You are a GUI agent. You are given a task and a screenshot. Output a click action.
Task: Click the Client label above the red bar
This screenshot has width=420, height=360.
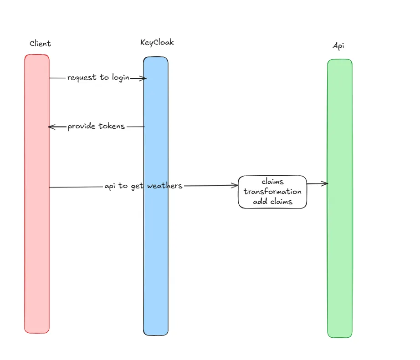point(40,44)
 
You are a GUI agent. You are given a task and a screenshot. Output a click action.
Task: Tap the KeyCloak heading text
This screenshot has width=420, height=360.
point(157,42)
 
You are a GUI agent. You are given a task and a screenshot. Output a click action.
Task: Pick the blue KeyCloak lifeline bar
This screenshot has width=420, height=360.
point(156,250)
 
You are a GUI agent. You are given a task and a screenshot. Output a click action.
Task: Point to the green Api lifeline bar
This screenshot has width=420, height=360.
point(340,250)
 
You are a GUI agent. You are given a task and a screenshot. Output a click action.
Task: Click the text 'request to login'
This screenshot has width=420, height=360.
point(98,77)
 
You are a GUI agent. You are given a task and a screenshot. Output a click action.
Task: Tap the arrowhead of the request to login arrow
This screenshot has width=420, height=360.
point(144,78)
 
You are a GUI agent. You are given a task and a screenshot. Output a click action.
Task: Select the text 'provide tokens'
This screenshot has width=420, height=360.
point(96,126)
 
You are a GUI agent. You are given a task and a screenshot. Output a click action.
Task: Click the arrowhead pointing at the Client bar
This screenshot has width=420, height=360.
point(50,127)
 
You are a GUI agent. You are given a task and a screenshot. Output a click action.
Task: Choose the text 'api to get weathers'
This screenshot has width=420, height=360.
point(143,186)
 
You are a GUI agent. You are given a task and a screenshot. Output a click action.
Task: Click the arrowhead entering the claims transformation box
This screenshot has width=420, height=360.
point(236,185)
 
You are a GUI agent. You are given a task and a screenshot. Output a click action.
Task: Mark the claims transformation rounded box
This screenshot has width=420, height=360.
point(272,192)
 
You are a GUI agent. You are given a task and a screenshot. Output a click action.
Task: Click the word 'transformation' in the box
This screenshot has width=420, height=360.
point(272,192)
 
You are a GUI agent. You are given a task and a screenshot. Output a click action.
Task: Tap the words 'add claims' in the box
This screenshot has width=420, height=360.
point(272,201)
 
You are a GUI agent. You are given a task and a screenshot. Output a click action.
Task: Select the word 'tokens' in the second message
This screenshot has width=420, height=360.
point(112,126)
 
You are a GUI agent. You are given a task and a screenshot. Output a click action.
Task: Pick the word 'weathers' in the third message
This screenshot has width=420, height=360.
point(164,186)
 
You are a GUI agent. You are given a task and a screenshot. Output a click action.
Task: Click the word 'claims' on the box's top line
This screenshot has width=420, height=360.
point(272,182)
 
